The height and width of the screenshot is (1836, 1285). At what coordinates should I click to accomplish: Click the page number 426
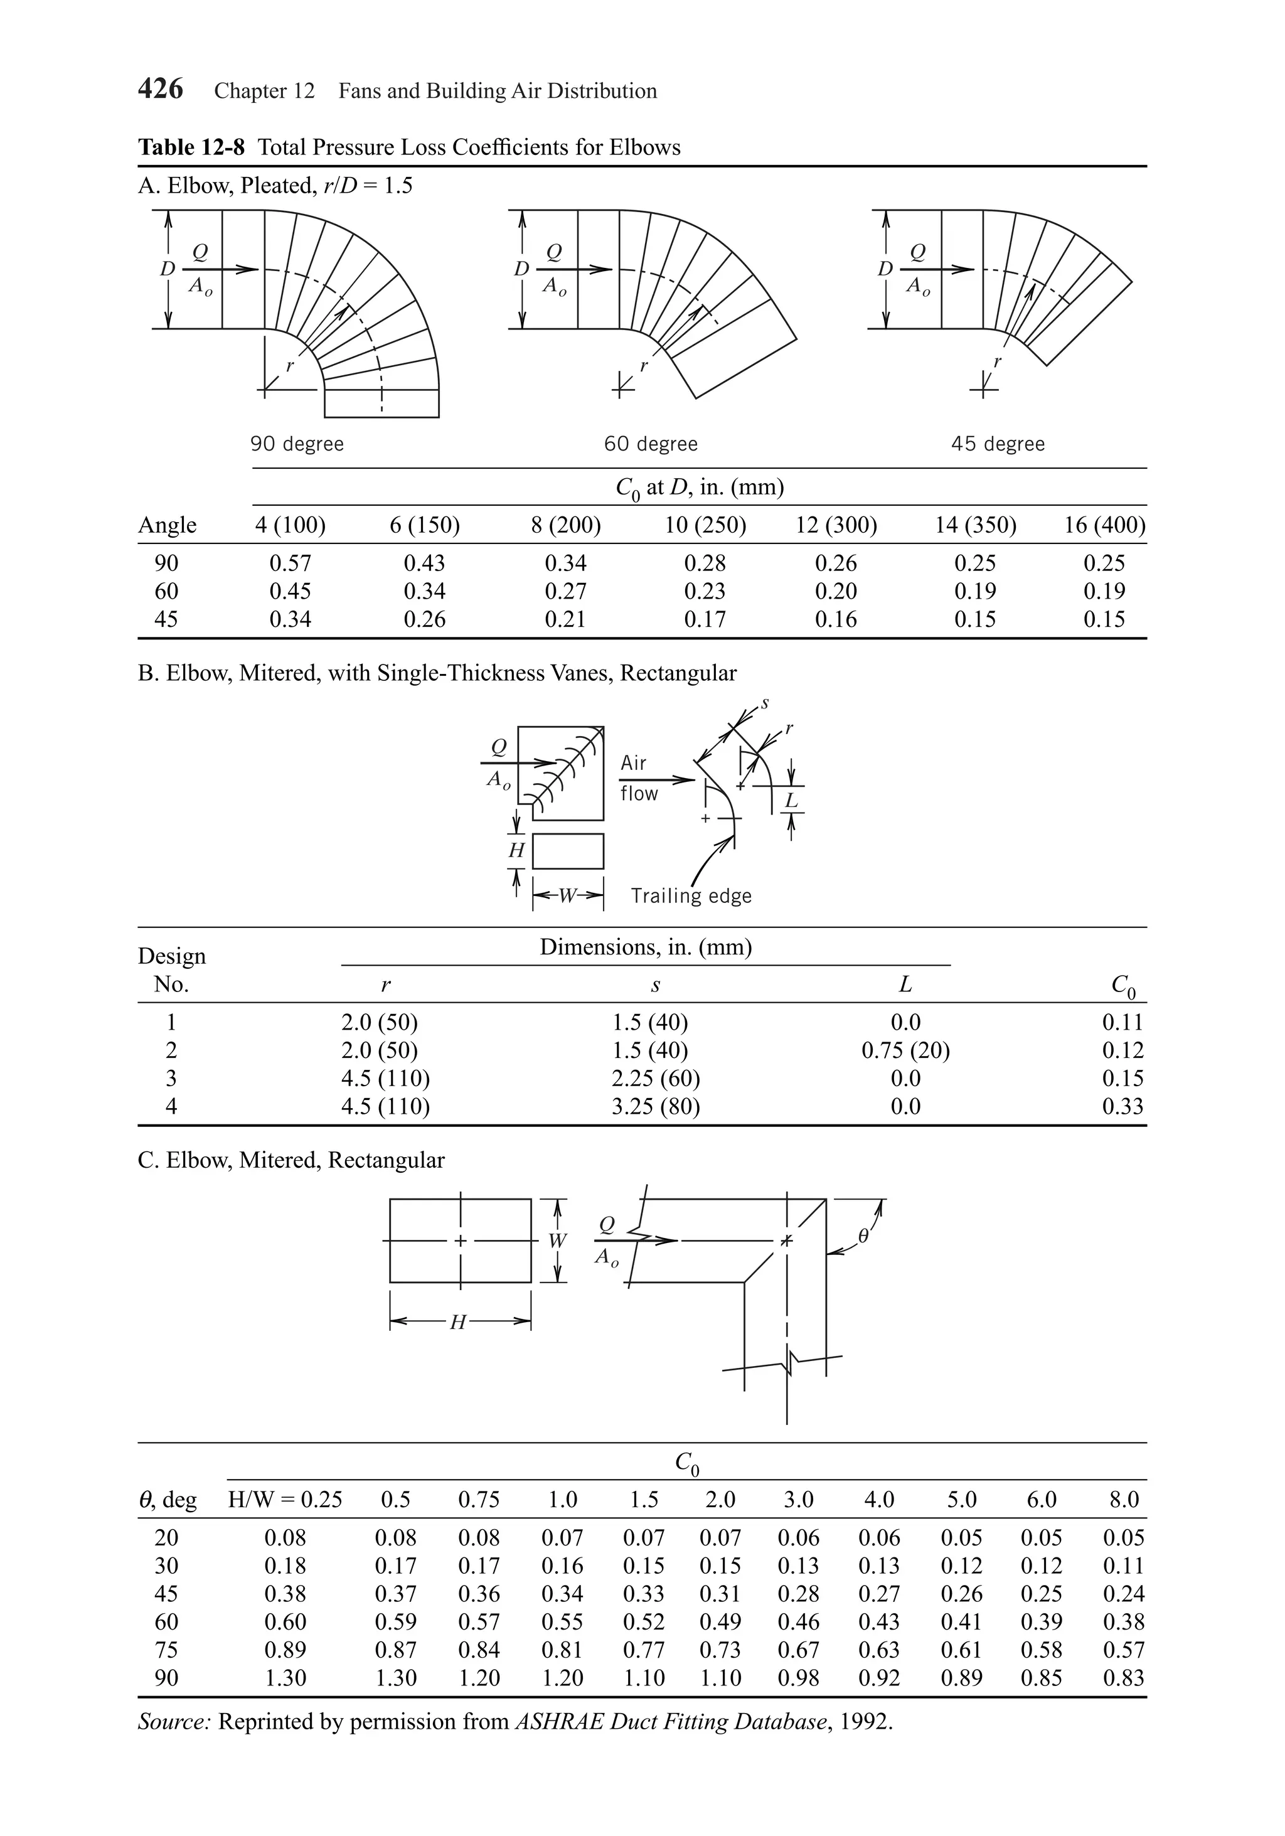click(x=161, y=88)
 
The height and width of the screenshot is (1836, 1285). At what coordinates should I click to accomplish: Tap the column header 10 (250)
click(x=705, y=525)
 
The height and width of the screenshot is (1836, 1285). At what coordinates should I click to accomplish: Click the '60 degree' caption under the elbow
click(x=651, y=444)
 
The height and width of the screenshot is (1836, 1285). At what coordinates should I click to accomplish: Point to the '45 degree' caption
click(x=998, y=444)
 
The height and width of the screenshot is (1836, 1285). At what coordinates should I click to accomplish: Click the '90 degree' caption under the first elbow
click(x=297, y=444)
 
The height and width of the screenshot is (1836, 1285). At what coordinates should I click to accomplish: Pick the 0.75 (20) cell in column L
click(x=905, y=1050)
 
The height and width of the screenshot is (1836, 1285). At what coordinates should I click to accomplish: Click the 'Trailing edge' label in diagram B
click(x=691, y=895)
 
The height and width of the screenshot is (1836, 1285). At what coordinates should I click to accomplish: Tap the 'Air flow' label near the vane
click(x=639, y=778)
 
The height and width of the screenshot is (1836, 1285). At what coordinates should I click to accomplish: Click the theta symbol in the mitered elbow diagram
click(x=863, y=1236)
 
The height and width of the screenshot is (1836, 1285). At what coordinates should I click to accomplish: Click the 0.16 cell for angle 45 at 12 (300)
click(x=836, y=619)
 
